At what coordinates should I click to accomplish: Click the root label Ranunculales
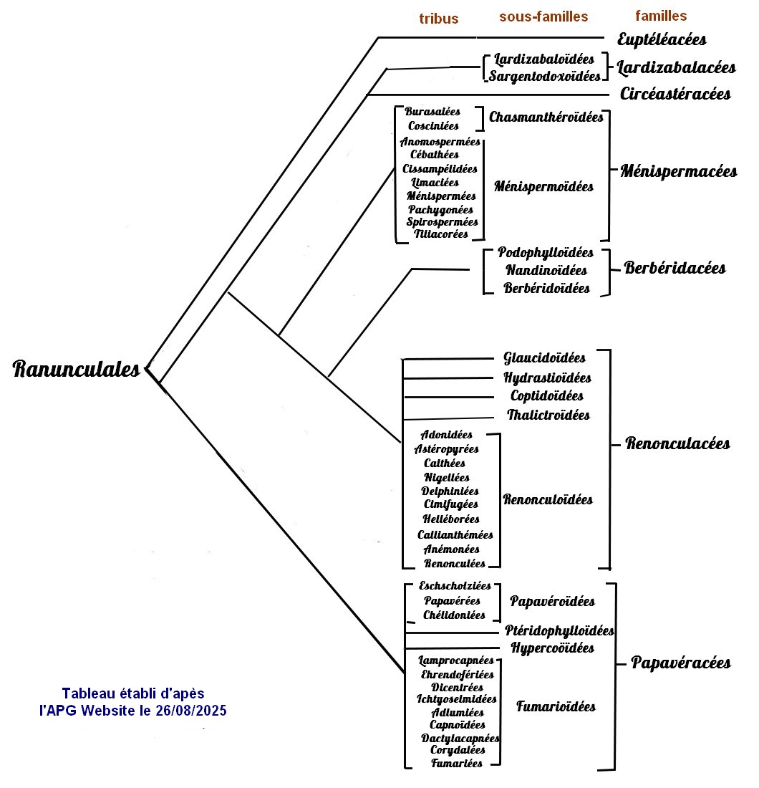coord(77,370)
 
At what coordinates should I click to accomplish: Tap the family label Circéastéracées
coord(675,94)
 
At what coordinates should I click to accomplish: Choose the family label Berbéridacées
coord(675,268)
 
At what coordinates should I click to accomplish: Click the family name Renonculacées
coord(677,443)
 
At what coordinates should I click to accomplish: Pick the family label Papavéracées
coord(680,663)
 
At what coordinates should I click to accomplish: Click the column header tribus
coord(438,19)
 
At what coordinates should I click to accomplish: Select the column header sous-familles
coord(543,16)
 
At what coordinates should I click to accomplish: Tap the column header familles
coord(661,16)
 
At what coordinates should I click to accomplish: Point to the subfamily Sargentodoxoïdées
coord(545,76)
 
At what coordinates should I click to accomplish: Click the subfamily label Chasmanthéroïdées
coord(546,117)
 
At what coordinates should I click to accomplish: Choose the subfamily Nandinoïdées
coord(546,271)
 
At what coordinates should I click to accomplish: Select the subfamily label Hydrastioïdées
coord(547,378)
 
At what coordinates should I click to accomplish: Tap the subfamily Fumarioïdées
coord(556,707)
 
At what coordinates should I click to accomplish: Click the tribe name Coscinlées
coord(433,126)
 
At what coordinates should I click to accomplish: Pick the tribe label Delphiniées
coord(450,491)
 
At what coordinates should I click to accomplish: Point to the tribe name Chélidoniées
coord(454,615)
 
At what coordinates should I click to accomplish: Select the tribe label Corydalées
coord(458,750)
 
